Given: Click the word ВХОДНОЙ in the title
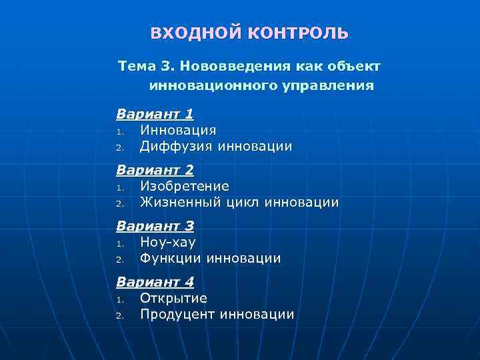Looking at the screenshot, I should (x=188, y=33).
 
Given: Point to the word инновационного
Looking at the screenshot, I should (x=204, y=86).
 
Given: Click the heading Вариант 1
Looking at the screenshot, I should (x=155, y=115).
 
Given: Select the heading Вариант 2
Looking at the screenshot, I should (x=155, y=171).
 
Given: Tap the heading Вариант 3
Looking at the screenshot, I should (x=155, y=227).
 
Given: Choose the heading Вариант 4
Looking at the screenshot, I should (x=155, y=283).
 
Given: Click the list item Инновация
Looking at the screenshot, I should (x=177, y=131).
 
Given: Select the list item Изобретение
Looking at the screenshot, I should (x=184, y=187).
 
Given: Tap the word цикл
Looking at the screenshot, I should (x=245, y=203).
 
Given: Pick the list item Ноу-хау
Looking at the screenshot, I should (x=167, y=243).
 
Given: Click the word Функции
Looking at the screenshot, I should (x=171, y=259).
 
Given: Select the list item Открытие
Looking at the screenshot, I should (x=173, y=299).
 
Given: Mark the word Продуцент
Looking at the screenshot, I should (x=178, y=315).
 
